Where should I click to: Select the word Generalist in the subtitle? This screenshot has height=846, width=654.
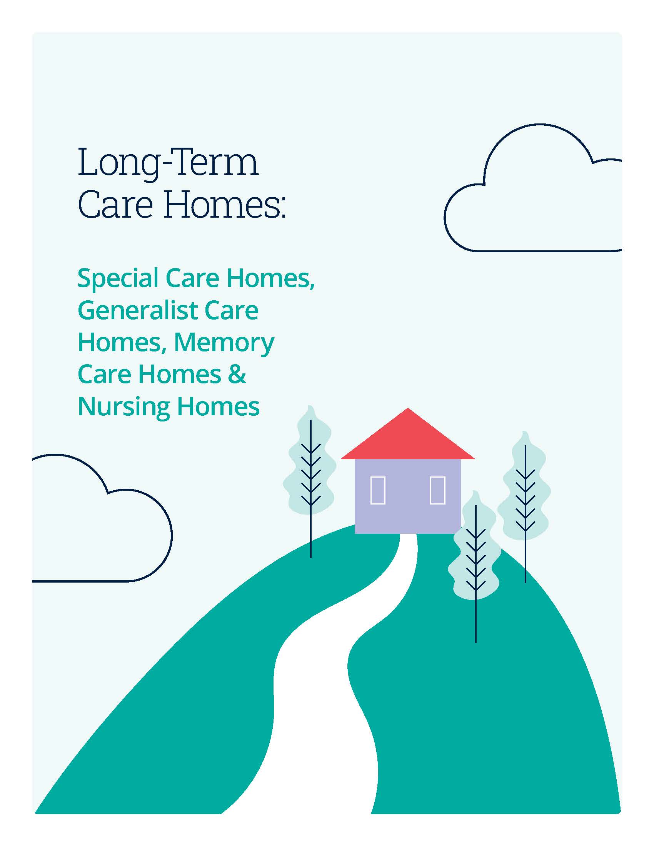[138, 311]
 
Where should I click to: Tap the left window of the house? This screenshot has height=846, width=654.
[378, 490]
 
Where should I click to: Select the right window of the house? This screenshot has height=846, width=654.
[437, 490]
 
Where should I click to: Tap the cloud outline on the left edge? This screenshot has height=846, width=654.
[172, 535]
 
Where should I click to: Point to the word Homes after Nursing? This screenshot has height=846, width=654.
[218, 406]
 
